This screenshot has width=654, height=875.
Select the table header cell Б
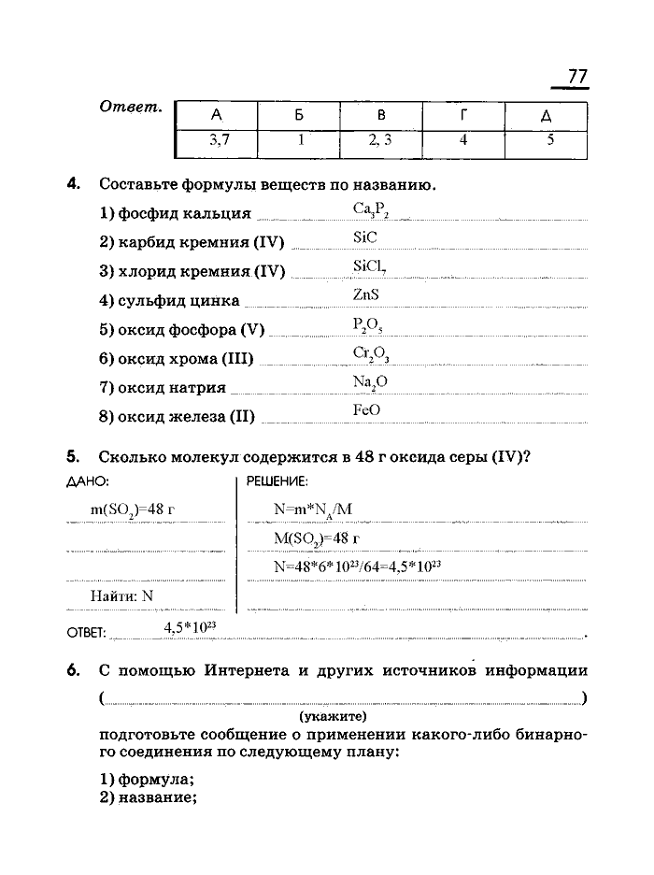tap(299, 116)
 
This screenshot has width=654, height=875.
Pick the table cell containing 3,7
tap(217, 142)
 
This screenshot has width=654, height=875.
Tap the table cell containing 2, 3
tap(381, 142)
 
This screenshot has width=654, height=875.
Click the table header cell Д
tap(547, 116)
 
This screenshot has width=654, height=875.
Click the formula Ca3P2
tap(370, 209)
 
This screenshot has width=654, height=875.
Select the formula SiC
tap(365, 237)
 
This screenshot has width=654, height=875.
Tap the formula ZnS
tap(366, 294)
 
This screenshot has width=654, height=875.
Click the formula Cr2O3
tap(371, 353)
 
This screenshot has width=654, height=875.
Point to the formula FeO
tap(367, 410)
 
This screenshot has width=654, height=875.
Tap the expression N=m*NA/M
tap(312, 509)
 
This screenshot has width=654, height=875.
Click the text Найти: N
tap(121, 595)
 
